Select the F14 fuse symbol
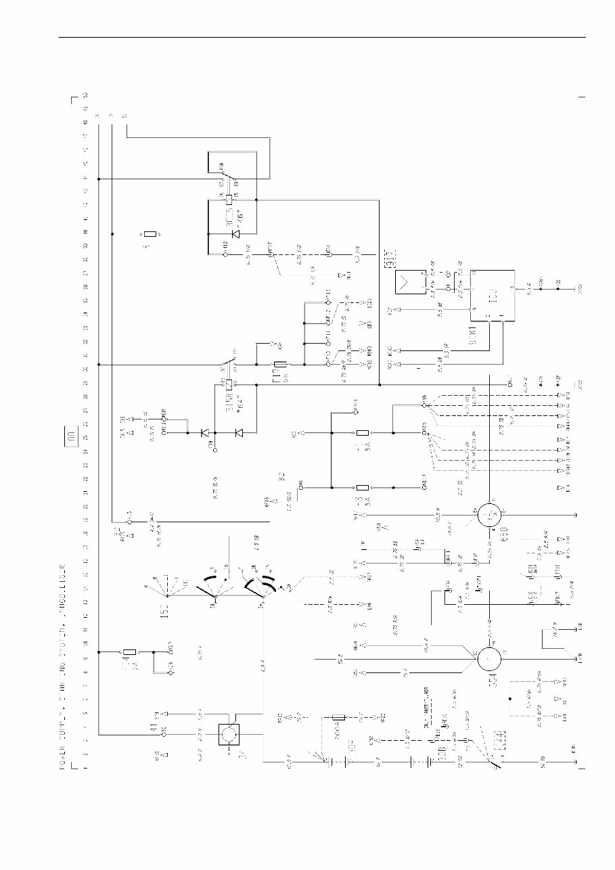132,652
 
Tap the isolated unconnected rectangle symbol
152,234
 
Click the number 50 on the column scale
85,94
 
